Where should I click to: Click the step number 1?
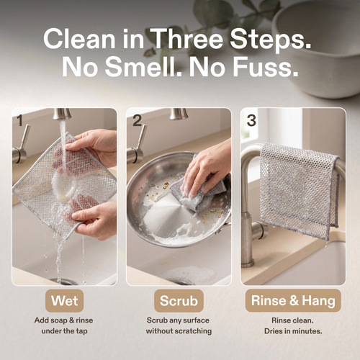tap(20, 120)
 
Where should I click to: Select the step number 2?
tap(136, 120)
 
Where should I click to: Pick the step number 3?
tap(251, 120)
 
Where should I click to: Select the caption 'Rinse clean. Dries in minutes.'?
tap(294, 325)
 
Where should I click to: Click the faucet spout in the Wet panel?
tap(63, 114)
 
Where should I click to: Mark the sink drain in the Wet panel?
tap(63, 281)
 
